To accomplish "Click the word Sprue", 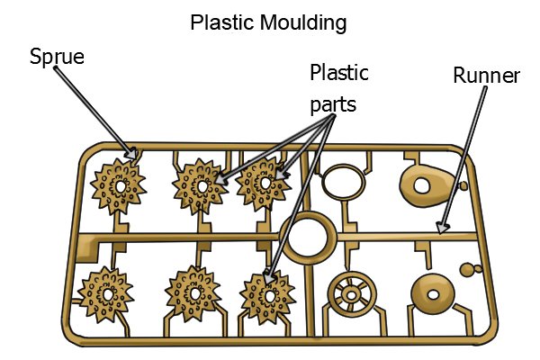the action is point(57,57).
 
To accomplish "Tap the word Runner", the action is point(486,76).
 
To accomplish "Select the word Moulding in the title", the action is point(303,23).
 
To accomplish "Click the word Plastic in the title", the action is point(223,22).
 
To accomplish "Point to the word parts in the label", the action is point(333,104).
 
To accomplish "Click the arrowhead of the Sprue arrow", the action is point(132,154).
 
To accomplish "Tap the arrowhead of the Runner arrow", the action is point(443,228).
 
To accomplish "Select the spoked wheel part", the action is point(352,295).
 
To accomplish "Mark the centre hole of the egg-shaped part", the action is point(422,186).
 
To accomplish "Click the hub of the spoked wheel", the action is point(352,295).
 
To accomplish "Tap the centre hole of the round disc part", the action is point(433,294).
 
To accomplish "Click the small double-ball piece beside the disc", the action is point(471,269).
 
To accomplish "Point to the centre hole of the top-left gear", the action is point(121,187).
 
